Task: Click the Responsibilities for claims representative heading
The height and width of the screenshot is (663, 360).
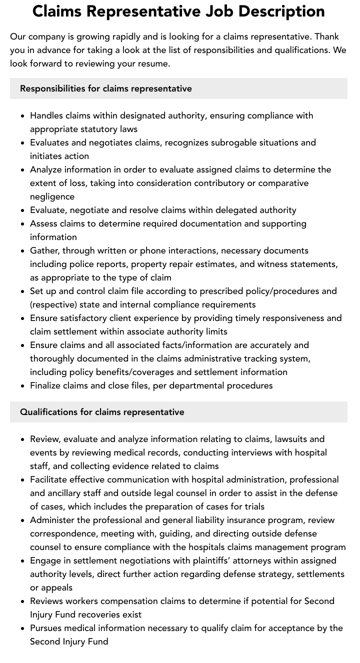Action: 106,88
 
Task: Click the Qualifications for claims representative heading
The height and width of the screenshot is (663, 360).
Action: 102,412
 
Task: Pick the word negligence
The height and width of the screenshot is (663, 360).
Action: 52,196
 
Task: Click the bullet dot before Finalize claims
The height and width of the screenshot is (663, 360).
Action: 23,386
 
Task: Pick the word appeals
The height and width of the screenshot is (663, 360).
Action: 56,587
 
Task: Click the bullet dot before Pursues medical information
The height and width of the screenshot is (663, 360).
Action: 23,628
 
